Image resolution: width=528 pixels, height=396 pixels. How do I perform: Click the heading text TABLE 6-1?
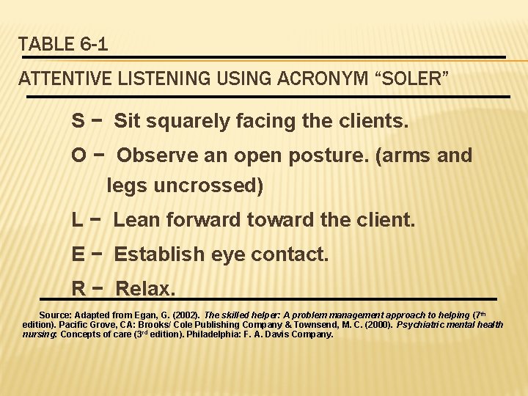[x=64, y=44]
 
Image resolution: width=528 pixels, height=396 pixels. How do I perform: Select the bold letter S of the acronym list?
[x=77, y=120]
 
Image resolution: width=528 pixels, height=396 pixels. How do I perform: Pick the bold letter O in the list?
[x=78, y=155]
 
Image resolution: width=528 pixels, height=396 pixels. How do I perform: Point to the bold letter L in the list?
[x=76, y=219]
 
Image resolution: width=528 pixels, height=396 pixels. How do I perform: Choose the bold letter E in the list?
[x=77, y=254]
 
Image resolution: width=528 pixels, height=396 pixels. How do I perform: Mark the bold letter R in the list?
[x=77, y=289]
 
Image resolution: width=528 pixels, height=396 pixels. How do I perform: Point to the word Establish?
[x=159, y=254]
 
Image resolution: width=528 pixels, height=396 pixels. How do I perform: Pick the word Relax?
[x=145, y=289]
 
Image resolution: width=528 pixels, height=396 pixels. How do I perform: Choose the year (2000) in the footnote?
[x=375, y=324]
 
